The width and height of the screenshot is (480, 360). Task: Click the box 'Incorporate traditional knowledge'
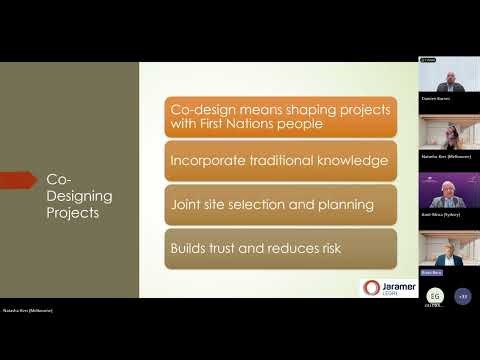[x=279, y=160]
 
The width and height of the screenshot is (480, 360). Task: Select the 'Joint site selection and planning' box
[x=279, y=204]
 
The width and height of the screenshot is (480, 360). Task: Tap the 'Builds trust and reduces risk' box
[x=279, y=248]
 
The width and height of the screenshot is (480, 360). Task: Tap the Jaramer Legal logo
[x=386, y=287]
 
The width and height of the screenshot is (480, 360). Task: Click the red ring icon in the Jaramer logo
[x=370, y=287]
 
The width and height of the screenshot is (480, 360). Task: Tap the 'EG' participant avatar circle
[x=435, y=296]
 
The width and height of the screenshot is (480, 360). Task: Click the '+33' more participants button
[x=461, y=296]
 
